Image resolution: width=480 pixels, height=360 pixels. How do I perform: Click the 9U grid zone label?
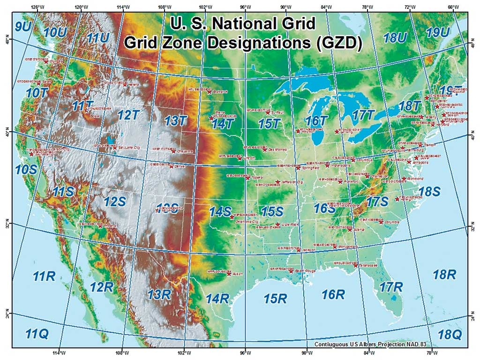coord(22,27)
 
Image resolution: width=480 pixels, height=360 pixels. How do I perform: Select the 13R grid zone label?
coord(159,294)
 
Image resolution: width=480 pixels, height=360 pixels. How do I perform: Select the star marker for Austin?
coord(229,274)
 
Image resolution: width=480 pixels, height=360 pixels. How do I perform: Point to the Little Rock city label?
coord(290,225)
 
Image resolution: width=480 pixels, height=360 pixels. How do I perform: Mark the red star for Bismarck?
coord(210,91)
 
